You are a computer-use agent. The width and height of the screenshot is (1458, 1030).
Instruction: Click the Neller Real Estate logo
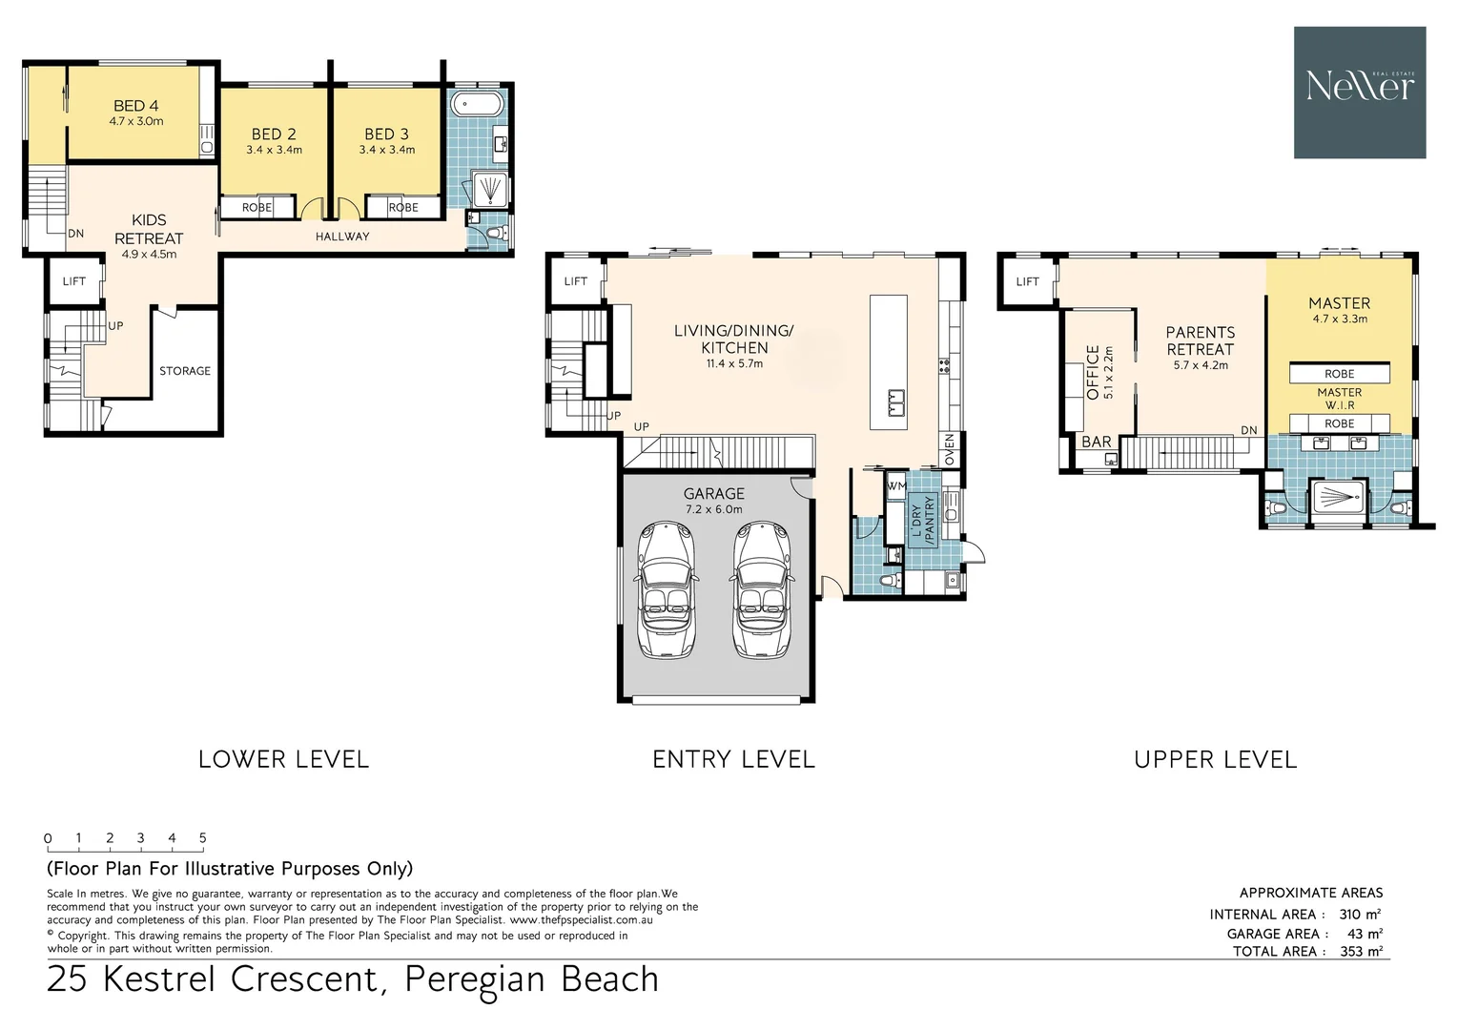pos(1360,93)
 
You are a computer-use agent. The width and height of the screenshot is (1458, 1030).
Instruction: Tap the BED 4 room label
pos(136,106)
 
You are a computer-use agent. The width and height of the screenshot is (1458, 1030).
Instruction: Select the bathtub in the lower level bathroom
pos(478,104)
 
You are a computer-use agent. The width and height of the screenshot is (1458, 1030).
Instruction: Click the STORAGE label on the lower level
pos(185,370)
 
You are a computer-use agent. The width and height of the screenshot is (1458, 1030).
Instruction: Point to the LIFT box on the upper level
pos(1027,281)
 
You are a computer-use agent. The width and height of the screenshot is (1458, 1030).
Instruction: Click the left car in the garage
pos(667,590)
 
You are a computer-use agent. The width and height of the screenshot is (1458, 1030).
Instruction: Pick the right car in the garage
pos(761,590)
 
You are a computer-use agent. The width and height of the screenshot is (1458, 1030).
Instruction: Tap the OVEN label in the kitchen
pos(949,449)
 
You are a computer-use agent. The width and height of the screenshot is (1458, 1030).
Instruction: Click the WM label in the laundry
pos(896,485)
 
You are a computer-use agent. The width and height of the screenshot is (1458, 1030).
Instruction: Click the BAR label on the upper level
pos(1096,442)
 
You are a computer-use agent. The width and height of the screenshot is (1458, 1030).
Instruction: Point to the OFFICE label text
pos(1093,372)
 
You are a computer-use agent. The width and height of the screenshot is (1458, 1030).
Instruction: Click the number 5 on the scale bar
pos(202,838)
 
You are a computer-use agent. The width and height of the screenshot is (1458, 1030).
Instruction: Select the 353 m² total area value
pos(1362,951)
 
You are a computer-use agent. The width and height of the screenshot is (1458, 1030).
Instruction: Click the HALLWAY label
pos(342,237)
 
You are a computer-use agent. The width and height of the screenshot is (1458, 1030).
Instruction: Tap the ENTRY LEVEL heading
pos(733,759)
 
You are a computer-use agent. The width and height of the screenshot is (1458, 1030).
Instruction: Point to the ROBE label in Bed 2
pos(257,208)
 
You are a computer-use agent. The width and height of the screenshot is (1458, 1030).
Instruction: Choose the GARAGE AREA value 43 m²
pos(1366,934)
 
